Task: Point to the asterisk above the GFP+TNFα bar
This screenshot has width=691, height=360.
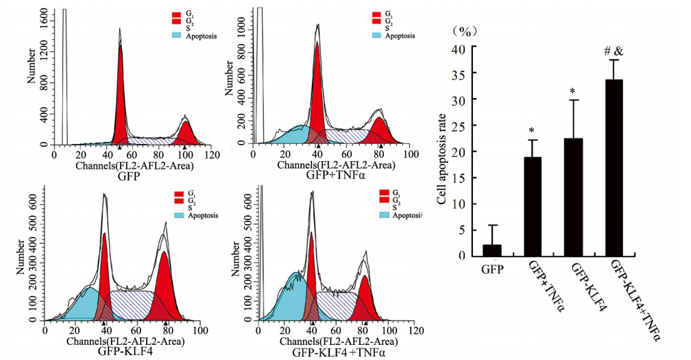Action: [x=532, y=130]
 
